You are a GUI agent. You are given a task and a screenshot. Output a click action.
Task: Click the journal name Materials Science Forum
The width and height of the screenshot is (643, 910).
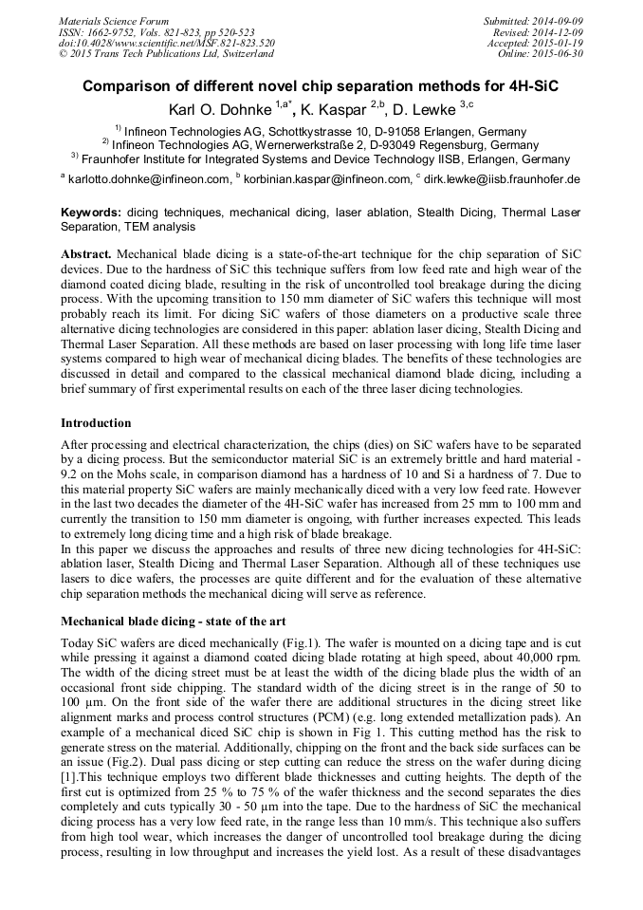(x=114, y=20)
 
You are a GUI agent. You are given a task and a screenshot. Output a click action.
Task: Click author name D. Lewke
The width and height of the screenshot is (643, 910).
(x=426, y=110)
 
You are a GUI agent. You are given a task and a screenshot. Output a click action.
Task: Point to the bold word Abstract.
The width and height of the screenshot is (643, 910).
(x=87, y=256)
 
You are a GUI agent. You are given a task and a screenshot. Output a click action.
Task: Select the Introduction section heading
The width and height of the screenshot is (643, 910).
(x=96, y=422)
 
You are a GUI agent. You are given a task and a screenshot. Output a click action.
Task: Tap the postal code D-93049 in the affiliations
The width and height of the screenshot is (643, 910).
(x=381, y=145)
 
